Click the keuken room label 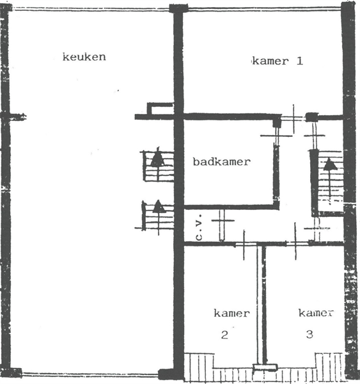tap(84, 57)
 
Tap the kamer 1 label tap(278, 61)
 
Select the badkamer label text tap(222, 162)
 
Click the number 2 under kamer tap(224, 335)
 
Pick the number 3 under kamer tap(309, 334)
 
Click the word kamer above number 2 tap(231, 314)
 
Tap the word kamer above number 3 tap(317, 313)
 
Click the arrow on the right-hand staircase tap(330, 164)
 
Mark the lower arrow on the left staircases tap(157, 206)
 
